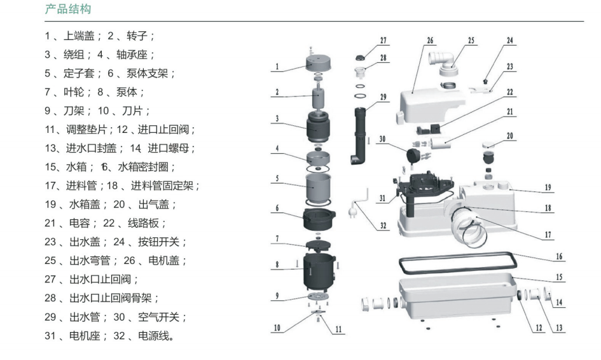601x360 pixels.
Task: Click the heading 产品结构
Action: [68, 9]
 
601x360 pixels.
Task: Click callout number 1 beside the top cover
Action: [278, 66]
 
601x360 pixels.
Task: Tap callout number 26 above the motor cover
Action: [431, 41]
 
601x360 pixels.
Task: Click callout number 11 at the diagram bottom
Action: [338, 330]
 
